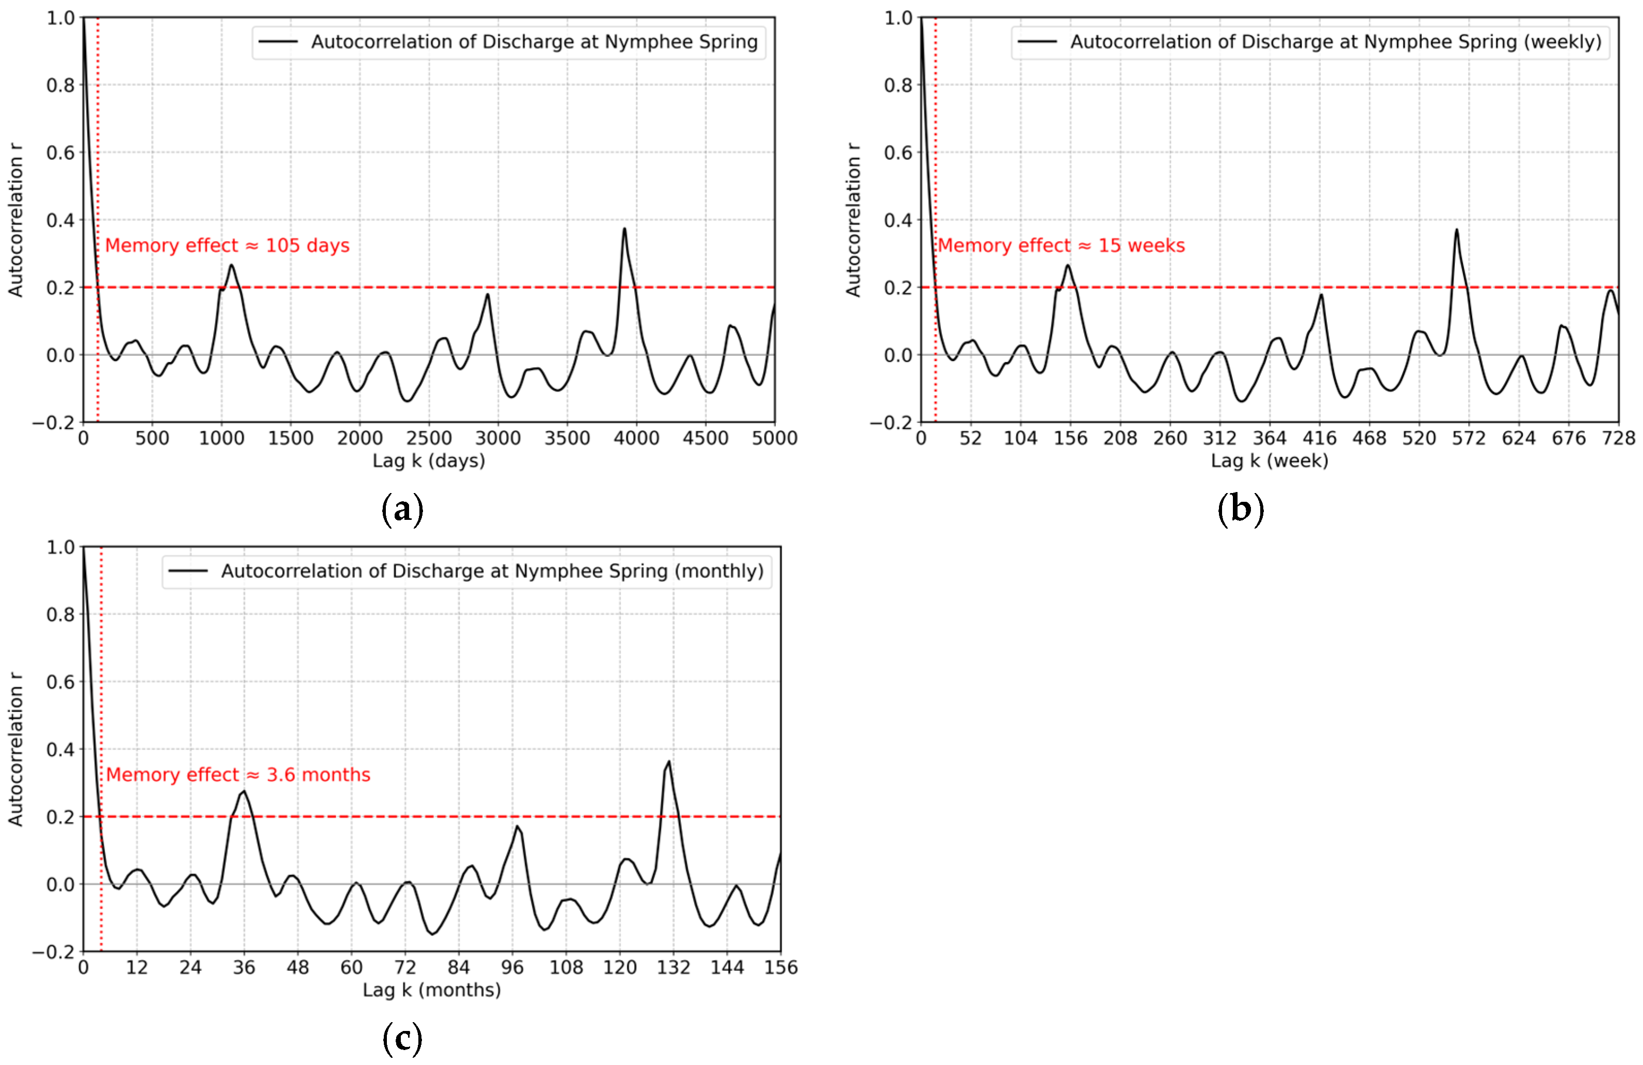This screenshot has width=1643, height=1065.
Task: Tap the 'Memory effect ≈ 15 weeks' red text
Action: point(1061,245)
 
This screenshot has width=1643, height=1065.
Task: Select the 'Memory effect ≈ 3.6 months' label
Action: point(238,775)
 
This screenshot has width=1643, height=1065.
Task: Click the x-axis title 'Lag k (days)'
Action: point(429,461)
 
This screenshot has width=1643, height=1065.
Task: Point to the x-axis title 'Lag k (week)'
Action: point(1269,461)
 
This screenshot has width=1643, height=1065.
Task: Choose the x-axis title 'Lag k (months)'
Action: point(431,990)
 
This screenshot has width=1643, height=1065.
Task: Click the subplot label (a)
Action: point(402,510)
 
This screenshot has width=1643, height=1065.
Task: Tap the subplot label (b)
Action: point(1241,510)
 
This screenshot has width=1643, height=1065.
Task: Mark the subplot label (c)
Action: point(402,1039)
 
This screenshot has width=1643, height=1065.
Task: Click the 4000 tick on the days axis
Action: point(636,438)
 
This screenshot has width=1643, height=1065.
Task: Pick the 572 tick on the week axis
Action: point(1468,438)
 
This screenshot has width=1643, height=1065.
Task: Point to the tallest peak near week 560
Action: point(1457,230)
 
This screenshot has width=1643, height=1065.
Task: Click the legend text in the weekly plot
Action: point(1336,42)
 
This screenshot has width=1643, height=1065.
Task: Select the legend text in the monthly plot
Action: point(492,571)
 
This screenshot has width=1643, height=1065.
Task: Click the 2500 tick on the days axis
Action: point(429,438)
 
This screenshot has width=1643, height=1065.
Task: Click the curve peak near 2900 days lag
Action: point(487,294)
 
